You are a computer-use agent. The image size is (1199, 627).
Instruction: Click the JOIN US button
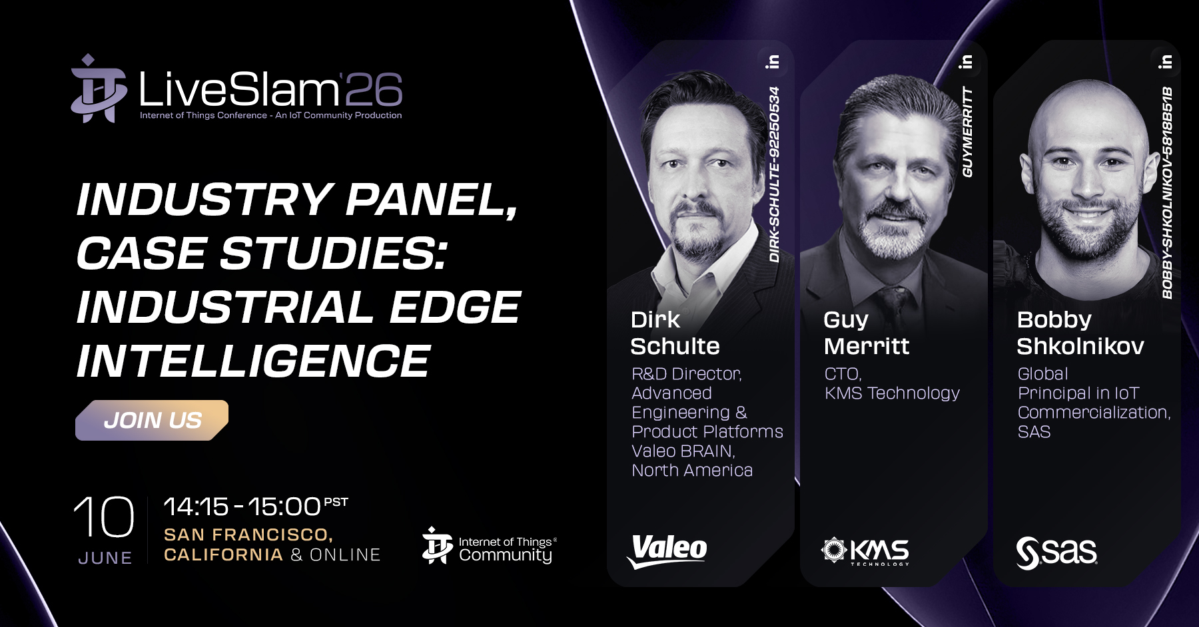pyautogui.click(x=152, y=420)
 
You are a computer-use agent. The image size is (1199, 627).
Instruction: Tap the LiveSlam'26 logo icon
pyautogui.click(x=99, y=89)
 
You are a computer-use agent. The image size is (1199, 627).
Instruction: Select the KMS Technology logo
pyautogui.click(x=865, y=551)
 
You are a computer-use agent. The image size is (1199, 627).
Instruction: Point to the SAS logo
pyautogui.click(x=1056, y=552)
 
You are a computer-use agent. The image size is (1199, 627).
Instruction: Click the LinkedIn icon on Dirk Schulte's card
pyautogui.click(x=773, y=62)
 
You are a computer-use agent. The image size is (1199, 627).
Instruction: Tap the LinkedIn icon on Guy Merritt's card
pyautogui.click(x=966, y=62)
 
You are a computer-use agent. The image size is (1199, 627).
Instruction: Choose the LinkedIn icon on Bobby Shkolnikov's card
pyautogui.click(x=1165, y=62)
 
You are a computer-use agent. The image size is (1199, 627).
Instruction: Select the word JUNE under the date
pyautogui.click(x=105, y=558)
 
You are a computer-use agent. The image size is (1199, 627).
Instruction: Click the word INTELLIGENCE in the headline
pyautogui.click(x=254, y=361)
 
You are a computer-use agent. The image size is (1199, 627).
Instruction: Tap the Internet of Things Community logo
pyautogui.click(x=489, y=546)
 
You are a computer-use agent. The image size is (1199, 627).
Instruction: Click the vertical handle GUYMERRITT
pyautogui.click(x=967, y=132)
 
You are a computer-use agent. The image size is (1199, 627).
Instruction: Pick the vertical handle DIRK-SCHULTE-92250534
pyautogui.click(x=774, y=174)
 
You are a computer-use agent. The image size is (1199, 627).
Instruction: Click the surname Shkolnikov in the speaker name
pyautogui.click(x=1080, y=346)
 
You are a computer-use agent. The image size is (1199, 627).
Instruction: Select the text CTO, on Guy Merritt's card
pyautogui.click(x=843, y=374)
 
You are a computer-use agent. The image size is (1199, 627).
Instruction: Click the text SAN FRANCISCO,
pyautogui.click(x=248, y=534)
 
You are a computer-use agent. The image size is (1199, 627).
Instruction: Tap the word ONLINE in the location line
pyautogui.click(x=345, y=554)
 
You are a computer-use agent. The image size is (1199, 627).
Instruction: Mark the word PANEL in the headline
pyautogui.click(x=432, y=200)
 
